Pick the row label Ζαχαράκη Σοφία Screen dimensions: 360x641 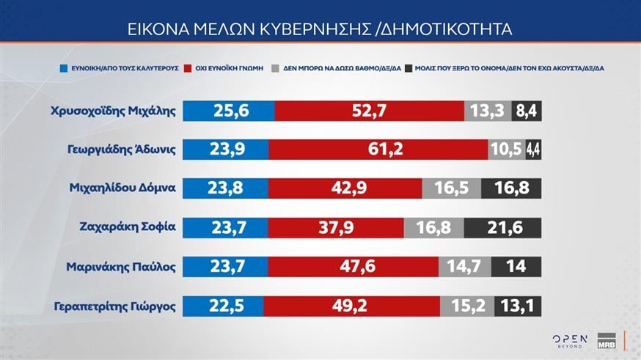click(127, 226)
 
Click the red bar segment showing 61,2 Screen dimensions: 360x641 click(378, 149)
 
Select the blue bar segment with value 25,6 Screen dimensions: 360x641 click(228, 111)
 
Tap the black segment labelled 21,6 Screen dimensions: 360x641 click(502, 227)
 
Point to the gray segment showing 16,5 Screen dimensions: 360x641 click(451, 188)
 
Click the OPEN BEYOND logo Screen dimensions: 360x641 click(570, 339)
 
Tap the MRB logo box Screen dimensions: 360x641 click(607, 339)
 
